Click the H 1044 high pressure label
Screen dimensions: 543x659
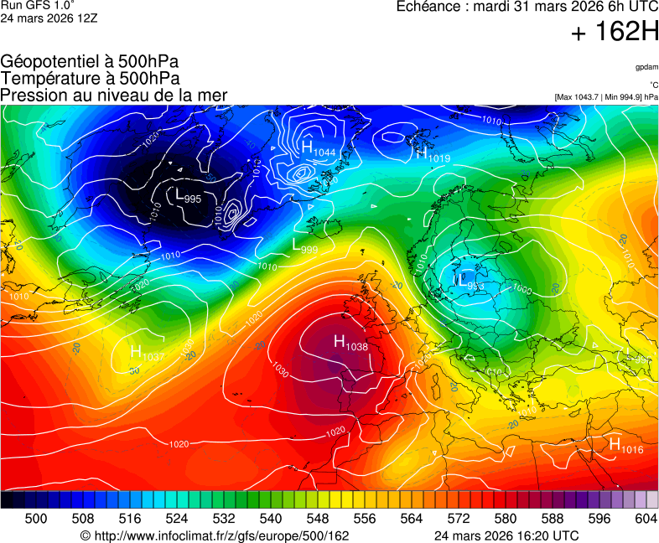(x=317, y=149)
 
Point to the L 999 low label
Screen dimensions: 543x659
(x=304, y=246)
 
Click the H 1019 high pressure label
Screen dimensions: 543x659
(x=433, y=154)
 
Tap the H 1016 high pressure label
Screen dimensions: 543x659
(x=625, y=446)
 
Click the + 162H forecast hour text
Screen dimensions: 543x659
(x=615, y=33)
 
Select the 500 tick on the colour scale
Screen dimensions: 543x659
(x=36, y=519)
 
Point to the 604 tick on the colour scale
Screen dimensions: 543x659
(x=646, y=519)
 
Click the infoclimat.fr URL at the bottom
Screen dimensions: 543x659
(x=214, y=535)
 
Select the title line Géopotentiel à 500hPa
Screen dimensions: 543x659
(x=90, y=62)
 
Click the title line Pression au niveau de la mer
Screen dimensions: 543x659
(x=114, y=96)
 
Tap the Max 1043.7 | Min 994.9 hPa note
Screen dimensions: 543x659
(x=605, y=97)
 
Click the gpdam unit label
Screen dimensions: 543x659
(x=646, y=66)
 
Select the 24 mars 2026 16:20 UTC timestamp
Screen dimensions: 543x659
(x=506, y=535)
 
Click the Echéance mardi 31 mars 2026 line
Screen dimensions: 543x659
(x=527, y=8)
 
